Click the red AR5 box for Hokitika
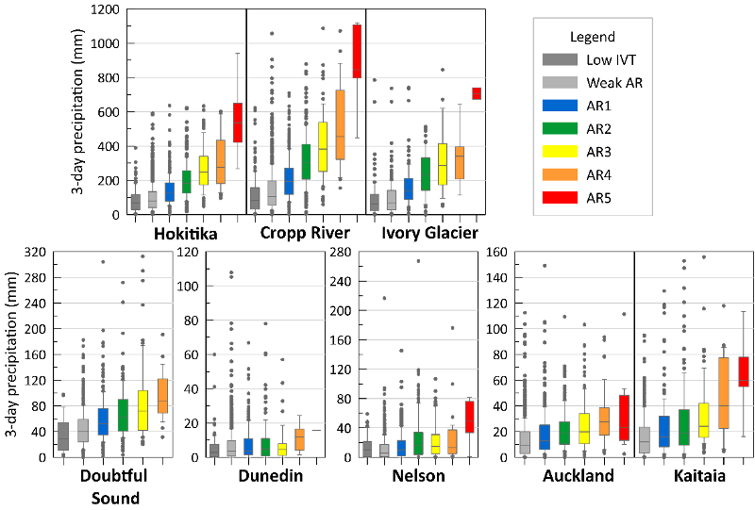[x=238, y=123]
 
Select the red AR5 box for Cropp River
[x=357, y=51]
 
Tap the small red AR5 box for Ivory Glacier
[x=477, y=93]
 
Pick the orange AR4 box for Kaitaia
[x=723, y=392]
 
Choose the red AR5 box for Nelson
[x=469, y=417]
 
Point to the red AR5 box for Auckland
[x=624, y=418]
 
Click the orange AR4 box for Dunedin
[x=299, y=439]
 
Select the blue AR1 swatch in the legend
[x=560, y=106]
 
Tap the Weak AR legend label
[x=614, y=83]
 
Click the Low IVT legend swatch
[x=560, y=59]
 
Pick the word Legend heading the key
[x=593, y=37]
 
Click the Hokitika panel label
[x=186, y=234]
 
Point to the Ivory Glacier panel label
[x=429, y=233]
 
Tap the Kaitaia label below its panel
[x=699, y=476]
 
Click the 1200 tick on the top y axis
[x=105, y=9]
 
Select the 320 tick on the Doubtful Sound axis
[x=36, y=252]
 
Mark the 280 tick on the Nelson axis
[x=341, y=252]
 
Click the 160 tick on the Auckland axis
[x=497, y=252]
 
